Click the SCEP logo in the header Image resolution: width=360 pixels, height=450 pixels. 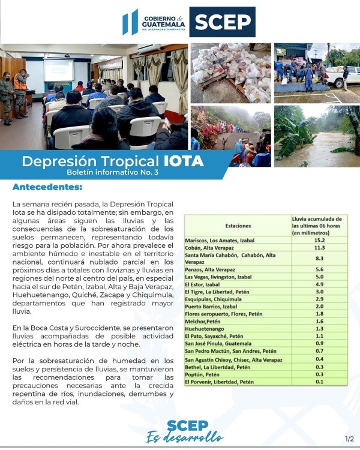222,22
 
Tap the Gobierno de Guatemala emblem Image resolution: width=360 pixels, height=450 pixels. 130,22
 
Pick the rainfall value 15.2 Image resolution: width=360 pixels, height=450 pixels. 319,240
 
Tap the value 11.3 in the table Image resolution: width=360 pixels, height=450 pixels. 319,248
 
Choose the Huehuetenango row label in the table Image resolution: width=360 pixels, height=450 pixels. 205,329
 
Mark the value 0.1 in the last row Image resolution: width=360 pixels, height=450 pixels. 319,382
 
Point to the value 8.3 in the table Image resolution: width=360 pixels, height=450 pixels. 319,259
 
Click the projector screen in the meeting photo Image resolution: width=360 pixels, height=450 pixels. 58,70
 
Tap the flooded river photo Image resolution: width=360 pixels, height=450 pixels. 316,137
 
